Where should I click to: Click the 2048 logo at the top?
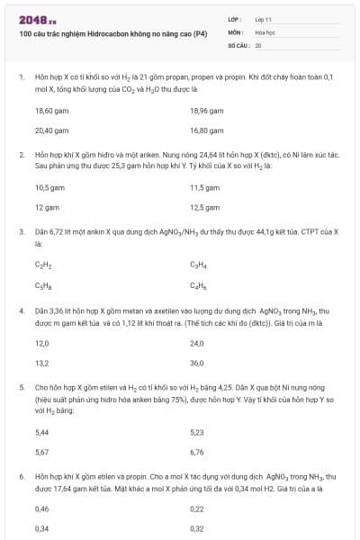coord(31,19)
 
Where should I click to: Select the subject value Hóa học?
coord(265,31)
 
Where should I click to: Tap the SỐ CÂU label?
coord(238,44)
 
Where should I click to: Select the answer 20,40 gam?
coord(51,130)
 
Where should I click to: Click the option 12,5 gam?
coord(205,207)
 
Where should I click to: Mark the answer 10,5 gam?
coord(49,188)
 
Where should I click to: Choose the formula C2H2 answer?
coord(41,265)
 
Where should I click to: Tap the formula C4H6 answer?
coord(198,284)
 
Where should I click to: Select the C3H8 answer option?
coord(41,284)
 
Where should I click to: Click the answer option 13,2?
coord(41,363)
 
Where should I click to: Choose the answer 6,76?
coord(197,451)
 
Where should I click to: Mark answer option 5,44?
coord(41,432)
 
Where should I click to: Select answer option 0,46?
coord(41,509)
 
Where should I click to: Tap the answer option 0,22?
coord(197,509)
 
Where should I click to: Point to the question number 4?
coord(22,310)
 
